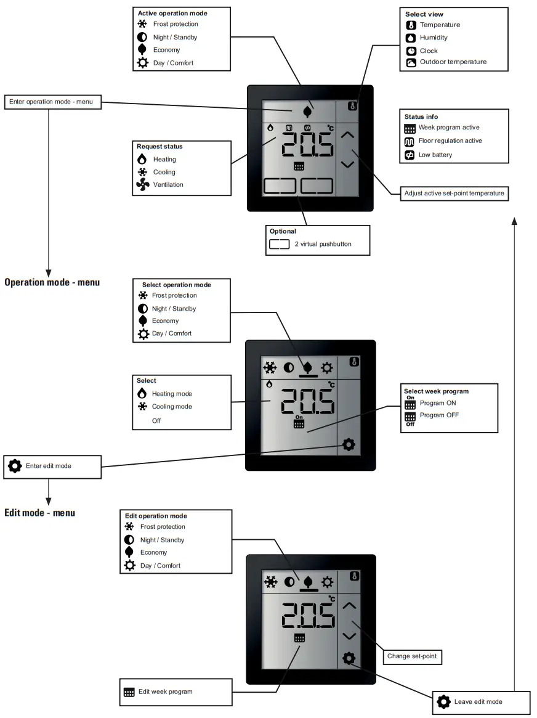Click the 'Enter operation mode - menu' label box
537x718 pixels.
pyautogui.click(x=52, y=102)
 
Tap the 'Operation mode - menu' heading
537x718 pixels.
pyautogui.click(x=52, y=282)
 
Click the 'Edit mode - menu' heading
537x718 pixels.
pyautogui.click(x=40, y=512)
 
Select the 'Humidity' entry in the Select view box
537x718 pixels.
pyautogui.click(x=433, y=38)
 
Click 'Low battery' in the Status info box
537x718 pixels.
pyautogui.click(x=435, y=155)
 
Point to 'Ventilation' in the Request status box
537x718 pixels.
pyautogui.click(x=168, y=184)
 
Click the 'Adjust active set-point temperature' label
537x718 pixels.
pyautogui.click(x=454, y=194)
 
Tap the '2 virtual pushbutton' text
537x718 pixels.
pyautogui.click(x=323, y=244)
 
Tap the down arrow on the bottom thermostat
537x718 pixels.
pyautogui.click(x=349, y=635)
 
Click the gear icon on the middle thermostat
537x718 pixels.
pyautogui.click(x=349, y=444)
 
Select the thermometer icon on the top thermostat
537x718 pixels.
pyautogui.click(x=353, y=105)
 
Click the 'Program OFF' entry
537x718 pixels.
pyautogui.click(x=438, y=415)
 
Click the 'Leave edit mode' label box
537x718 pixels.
pyautogui.click(x=478, y=701)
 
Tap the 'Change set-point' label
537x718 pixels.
pyautogui.click(x=412, y=656)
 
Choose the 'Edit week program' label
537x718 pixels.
pyautogui.click(x=165, y=691)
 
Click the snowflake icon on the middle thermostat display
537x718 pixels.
pyautogui.click(x=270, y=368)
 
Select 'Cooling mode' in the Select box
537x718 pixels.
pyautogui.click(x=172, y=407)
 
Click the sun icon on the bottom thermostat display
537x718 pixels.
pyautogui.click(x=327, y=582)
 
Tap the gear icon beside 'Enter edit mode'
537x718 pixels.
pyautogui.click(x=15, y=466)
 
